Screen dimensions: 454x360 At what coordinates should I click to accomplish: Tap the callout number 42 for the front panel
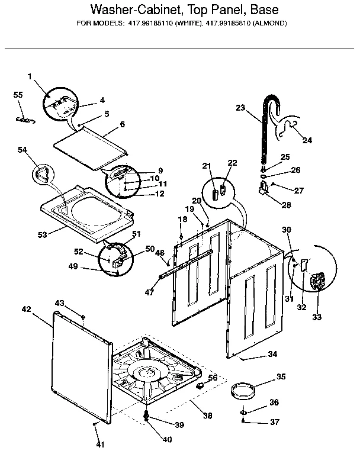point(26,309)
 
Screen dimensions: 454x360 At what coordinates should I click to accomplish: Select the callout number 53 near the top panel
point(43,236)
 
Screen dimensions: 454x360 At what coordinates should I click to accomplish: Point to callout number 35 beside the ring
point(281,376)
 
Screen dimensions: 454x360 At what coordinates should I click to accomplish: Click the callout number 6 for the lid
point(122,124)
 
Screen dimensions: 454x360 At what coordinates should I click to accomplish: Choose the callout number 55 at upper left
point(18,95)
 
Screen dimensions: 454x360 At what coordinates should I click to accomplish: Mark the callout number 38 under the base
point(207,416)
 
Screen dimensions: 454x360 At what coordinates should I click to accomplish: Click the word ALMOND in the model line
point(268,24)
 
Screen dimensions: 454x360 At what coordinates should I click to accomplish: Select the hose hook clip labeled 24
point(290,128)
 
